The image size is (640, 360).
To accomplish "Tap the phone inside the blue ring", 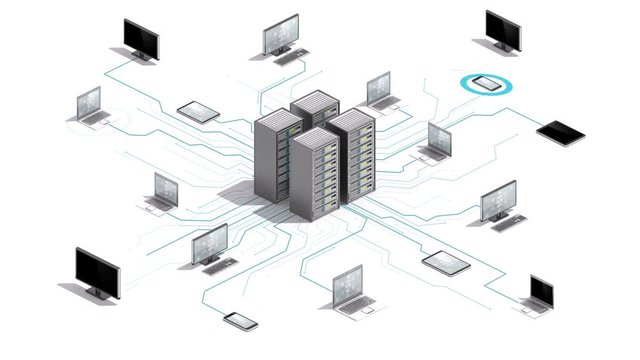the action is pos(486,84).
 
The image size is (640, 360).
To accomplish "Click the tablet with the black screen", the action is pos(561,130).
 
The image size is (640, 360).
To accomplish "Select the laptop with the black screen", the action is pos(541,292).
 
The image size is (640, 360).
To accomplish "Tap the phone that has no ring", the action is pos(241,321).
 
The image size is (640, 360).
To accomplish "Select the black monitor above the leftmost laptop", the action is pos(141,37).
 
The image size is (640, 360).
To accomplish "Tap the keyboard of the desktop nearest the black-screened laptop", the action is pos(505,223).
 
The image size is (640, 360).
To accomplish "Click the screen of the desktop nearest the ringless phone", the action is pos(211,241).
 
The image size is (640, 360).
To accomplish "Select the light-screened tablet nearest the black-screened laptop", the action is pos(446,263).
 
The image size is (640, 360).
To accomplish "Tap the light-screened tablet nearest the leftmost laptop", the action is pos(198,110).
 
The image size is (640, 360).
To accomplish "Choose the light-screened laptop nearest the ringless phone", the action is pos(350,289).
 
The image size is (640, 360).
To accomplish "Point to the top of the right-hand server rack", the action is pos(352,118).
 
